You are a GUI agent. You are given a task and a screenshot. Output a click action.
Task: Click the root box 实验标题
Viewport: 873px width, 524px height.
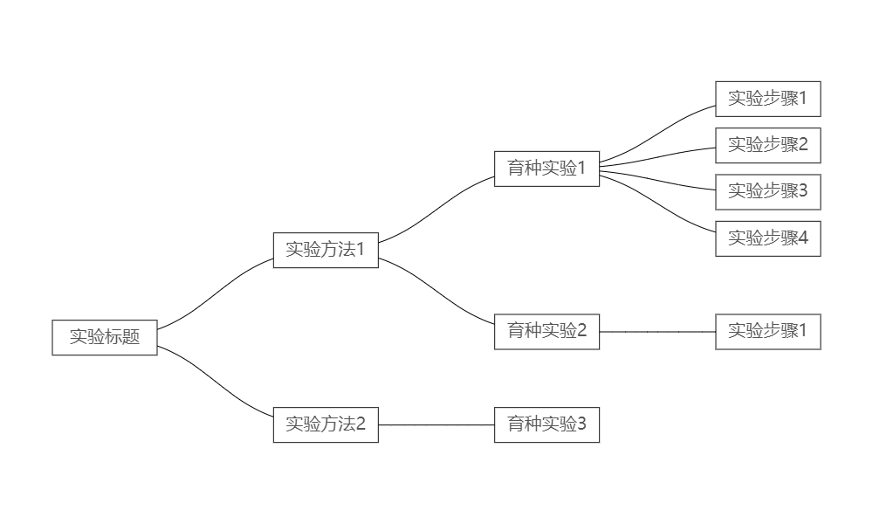[105, 337]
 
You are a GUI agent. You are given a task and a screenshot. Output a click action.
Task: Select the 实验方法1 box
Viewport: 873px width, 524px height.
[326, 250]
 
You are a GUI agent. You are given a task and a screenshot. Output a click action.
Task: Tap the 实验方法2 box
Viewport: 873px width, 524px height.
[326, 424]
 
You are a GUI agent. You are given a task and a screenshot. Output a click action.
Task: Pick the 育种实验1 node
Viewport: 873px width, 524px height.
[546, 169]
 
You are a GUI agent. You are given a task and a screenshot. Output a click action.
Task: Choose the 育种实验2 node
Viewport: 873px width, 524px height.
[546, 331]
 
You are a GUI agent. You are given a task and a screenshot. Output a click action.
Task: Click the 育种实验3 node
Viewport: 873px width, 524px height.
[546, 424]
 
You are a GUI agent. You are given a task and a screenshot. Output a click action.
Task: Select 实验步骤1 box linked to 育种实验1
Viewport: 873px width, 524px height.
[768, 99]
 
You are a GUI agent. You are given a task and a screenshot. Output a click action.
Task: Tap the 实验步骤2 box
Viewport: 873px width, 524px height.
[768, 145]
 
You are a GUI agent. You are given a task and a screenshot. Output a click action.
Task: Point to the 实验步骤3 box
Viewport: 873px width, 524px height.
[768, 191]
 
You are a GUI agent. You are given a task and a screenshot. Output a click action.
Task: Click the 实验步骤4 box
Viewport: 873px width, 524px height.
[768, 238]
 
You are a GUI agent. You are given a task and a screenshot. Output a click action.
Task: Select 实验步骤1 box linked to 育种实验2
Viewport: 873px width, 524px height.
[768, 331]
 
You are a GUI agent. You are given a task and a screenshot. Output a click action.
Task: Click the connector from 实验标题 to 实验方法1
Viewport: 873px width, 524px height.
[216, 293]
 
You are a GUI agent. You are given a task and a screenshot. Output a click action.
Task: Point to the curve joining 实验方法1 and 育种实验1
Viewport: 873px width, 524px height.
[436, 210]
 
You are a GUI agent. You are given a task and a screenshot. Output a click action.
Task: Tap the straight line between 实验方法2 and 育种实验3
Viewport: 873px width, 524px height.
[436, 424]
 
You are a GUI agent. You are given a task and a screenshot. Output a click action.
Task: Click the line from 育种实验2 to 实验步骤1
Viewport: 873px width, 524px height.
[657, 332]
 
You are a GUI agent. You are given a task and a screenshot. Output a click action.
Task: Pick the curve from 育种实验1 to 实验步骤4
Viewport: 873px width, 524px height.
[657, 201]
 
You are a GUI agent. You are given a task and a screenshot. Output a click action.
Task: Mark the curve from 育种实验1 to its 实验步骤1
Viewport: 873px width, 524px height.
[657, 134]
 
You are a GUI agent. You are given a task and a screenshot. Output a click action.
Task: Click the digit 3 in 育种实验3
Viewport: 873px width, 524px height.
[581, 424]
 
